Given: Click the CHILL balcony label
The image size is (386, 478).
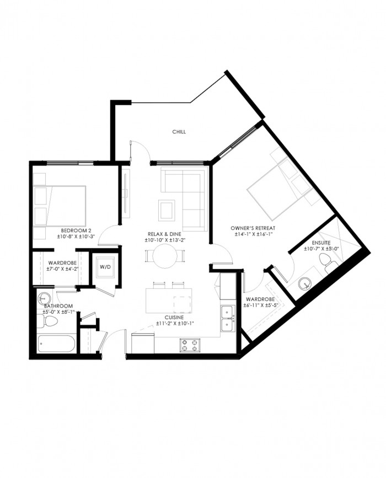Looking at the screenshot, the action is [x=179, y=132].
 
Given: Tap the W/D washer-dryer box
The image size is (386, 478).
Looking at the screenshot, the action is [x=105, y=267].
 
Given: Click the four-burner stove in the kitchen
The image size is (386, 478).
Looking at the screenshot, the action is [x=190, y=345].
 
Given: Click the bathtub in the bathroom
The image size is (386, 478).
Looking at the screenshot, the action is [x=56, y=343].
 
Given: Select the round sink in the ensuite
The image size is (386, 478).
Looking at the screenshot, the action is [x=304, y=283].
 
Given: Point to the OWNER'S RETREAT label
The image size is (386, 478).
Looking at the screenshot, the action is [x=253, y=228].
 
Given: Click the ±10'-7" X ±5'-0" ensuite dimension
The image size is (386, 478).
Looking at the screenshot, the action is [x=321, y=249].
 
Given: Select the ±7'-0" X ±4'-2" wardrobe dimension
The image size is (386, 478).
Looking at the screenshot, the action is [x=62, y=269].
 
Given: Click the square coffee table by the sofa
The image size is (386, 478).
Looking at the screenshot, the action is [x=167, y=210].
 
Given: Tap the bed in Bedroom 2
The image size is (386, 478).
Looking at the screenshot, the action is [x=60, y=206].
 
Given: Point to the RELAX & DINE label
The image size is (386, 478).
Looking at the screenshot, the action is [x=164, y=234].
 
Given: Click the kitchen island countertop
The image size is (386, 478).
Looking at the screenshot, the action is [x=169, y=300].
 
